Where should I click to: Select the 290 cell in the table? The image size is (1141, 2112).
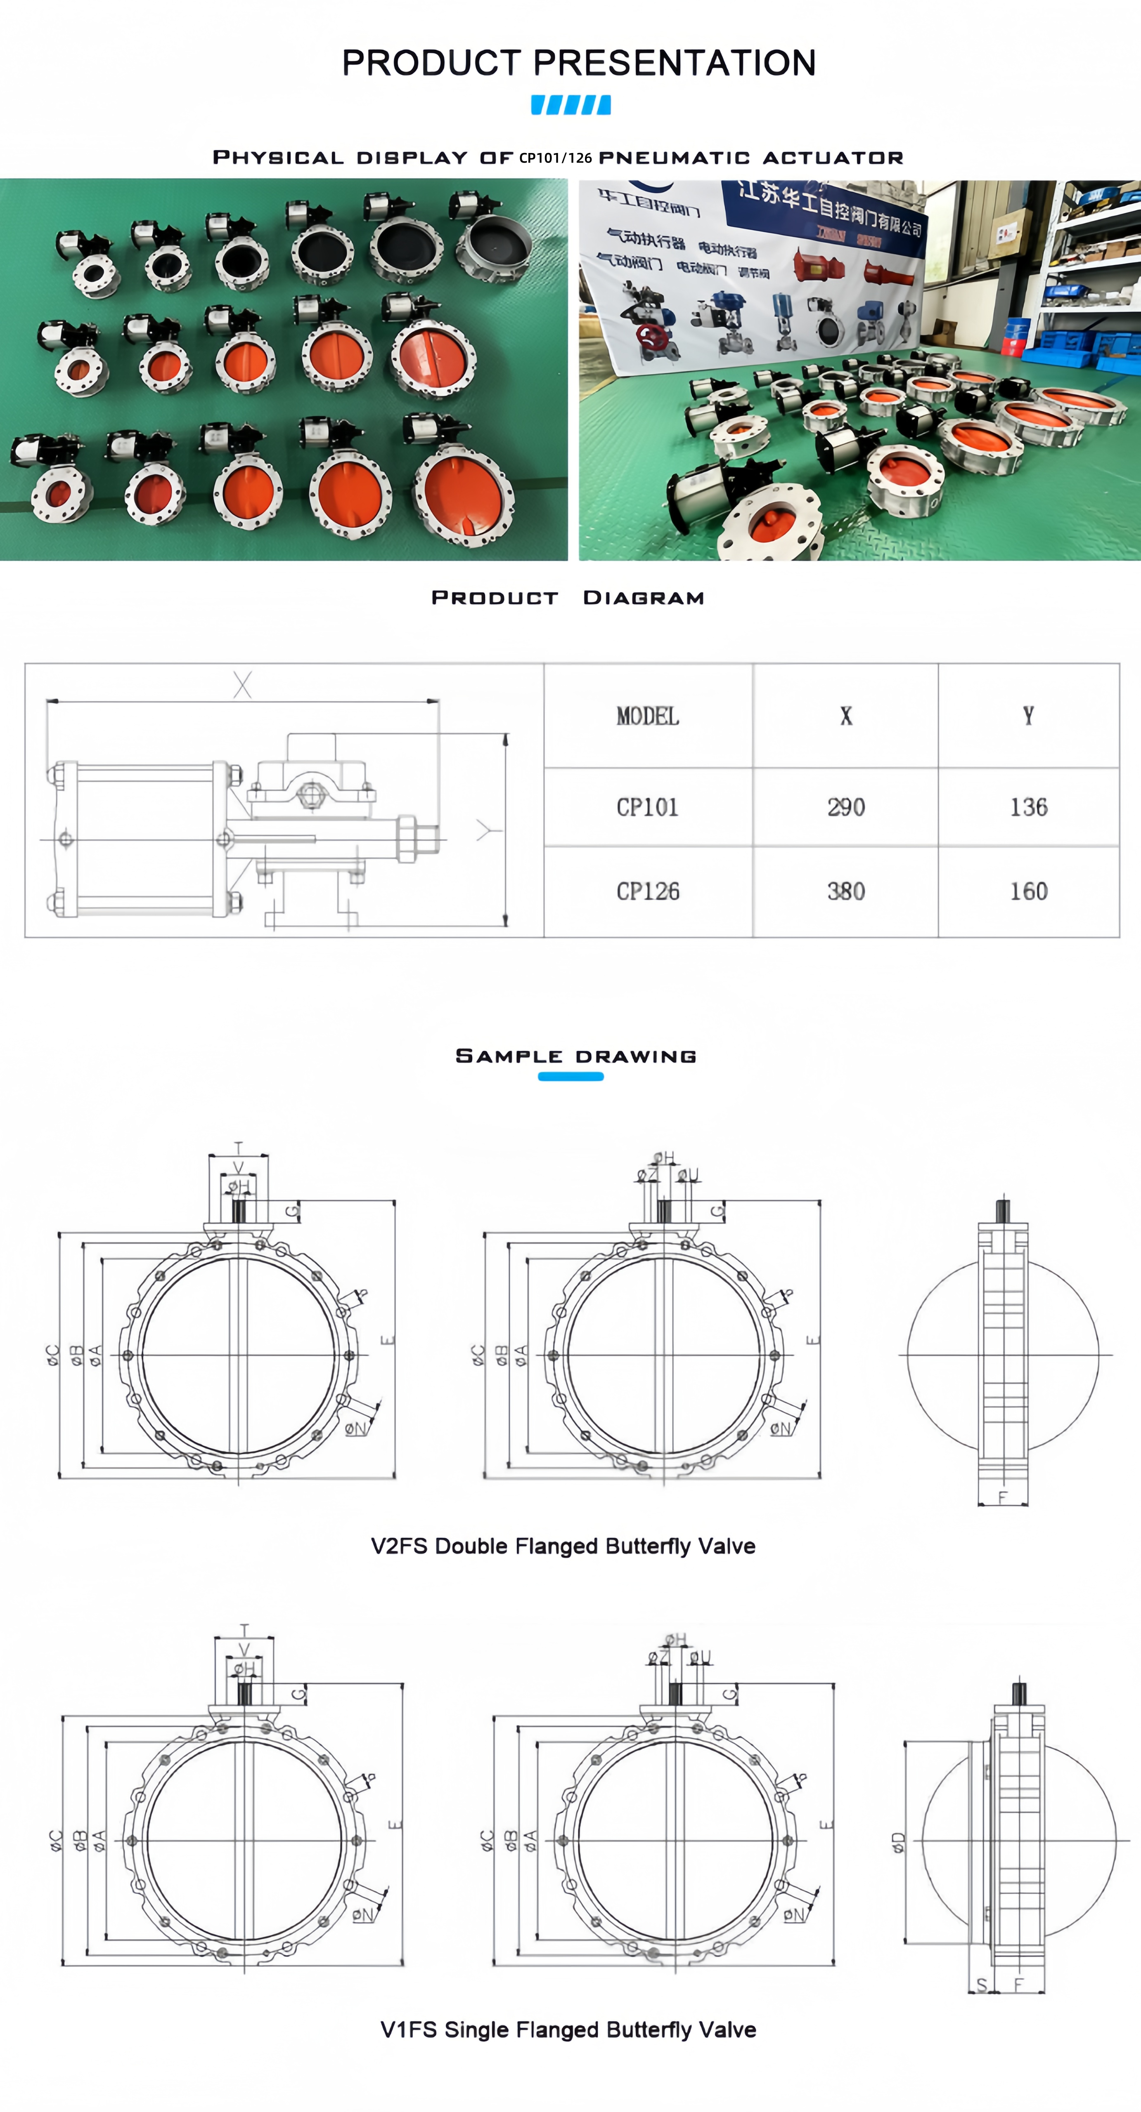click(846, 808)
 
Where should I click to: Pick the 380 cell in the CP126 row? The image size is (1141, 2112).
click(846, 891)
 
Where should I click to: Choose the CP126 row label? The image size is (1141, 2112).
click(647, 891)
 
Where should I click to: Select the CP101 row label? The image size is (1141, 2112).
click(647, 808)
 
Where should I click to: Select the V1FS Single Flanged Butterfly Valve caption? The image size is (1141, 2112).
click(568, 2029)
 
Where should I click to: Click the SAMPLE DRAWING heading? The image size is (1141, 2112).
click(576, 1056)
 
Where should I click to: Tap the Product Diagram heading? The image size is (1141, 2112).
click(568, 598)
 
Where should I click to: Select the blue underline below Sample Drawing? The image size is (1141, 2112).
click(571, 1077)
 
